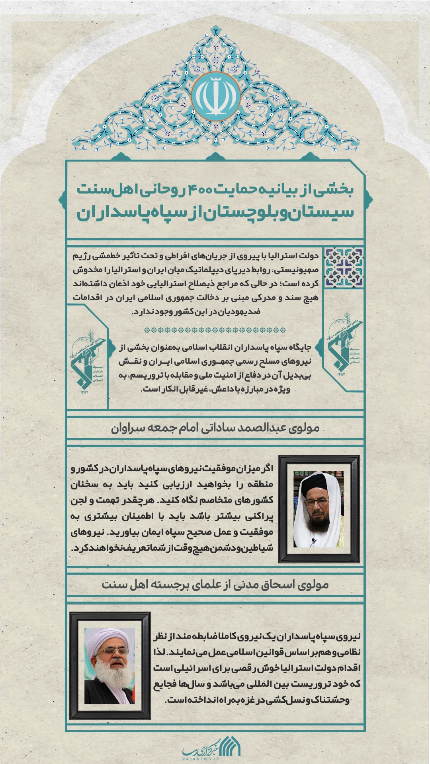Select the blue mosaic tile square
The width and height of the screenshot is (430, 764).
pos(344,267)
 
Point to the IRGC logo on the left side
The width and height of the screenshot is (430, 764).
pos(88,360)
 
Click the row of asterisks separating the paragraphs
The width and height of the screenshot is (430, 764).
pos(215,330)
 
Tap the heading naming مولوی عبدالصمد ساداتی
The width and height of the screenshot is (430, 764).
pos(215,428)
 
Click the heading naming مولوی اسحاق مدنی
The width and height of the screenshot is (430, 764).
pos(215,584)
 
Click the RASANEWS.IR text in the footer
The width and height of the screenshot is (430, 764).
pos(201,759)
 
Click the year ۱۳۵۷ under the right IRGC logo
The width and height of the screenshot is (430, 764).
pos(341,374)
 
